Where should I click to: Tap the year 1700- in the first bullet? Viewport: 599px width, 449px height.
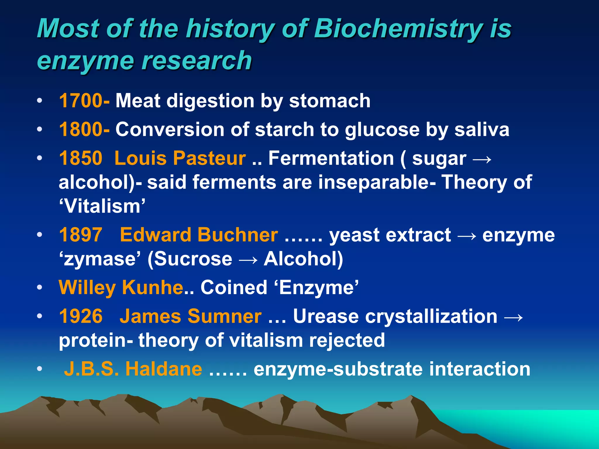coord(84,101)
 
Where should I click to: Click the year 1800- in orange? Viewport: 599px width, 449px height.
coord(84,129)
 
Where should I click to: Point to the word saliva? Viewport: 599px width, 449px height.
coord(482,129)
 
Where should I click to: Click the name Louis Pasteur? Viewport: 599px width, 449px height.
coord(180,158)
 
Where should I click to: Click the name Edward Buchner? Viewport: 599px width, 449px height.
coord(199,235)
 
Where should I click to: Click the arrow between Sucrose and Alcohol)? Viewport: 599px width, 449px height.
coord(248,260)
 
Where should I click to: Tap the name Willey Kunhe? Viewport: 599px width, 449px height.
coord(121,287)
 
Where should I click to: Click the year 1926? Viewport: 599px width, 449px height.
coord(81,316)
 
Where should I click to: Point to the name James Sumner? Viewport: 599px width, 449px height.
coord(190,316)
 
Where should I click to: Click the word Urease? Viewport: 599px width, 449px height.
coord(326,316)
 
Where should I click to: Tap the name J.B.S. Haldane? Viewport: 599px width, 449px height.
coord(133,369)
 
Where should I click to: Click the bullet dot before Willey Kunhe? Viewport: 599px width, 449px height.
coord(39,288)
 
